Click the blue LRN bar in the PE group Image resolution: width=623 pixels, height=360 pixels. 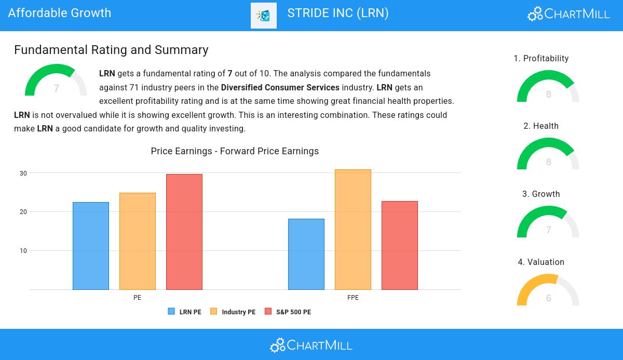(91, 246)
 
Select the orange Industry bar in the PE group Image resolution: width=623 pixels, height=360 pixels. (138, 241)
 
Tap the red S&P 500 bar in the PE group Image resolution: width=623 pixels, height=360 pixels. (184, 232)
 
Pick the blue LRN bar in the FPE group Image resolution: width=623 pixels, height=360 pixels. (306, 254)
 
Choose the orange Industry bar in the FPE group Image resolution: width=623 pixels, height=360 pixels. (353, 230)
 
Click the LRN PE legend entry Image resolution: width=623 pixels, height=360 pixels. (185, 312)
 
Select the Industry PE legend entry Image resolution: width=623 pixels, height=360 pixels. (233, 312)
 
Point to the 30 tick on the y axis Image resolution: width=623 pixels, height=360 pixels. (23, 173)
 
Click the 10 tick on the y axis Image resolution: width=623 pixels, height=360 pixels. (23, 251)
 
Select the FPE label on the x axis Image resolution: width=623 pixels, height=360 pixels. (353, 298)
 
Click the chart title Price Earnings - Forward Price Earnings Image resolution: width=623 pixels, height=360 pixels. (235, 151)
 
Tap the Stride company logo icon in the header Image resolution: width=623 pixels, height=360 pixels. (264, 16)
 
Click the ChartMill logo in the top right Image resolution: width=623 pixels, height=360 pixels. (568, 14)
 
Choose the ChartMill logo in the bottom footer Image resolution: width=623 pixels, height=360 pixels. (311, 345)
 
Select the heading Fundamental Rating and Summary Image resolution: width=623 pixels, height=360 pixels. (111, 50)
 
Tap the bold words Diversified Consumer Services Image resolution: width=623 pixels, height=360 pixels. (280, 87)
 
